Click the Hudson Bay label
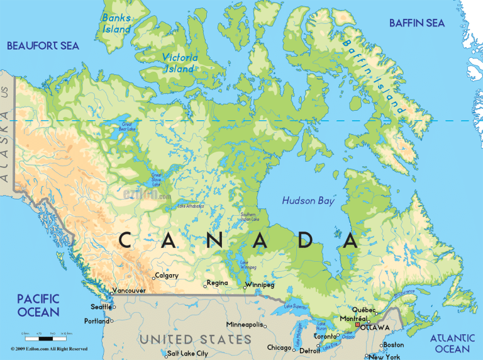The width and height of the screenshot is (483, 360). [309, 201]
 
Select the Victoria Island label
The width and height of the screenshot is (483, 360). [180, 62]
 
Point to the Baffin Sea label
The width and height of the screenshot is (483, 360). [416, 23]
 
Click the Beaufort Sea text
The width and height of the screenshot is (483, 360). [42, 45]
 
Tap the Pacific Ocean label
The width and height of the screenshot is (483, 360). [38, 305]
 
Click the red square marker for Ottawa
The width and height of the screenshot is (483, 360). [358, 325]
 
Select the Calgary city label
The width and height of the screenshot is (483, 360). [167, 275]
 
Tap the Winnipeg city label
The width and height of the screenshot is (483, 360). [261, 284]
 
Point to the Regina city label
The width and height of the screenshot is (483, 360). [217, 283]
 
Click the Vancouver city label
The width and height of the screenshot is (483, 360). [129, 291]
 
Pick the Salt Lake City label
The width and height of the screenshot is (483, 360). [187, 354]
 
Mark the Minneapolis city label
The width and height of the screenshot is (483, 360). [245, 324]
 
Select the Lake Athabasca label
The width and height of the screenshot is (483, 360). [190, 206]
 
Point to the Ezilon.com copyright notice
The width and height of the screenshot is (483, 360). [49, 348]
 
